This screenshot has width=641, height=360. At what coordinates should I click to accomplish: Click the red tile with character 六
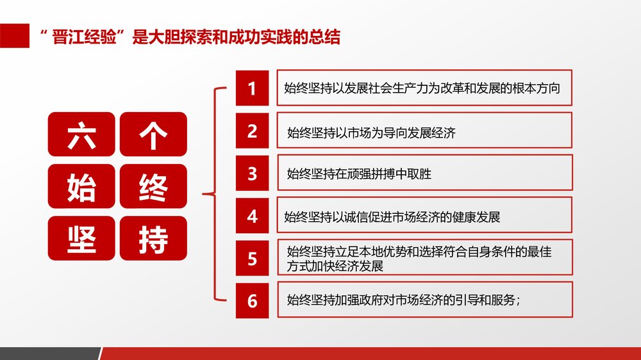(81, 134)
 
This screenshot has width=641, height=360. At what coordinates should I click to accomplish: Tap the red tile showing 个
(153, 134)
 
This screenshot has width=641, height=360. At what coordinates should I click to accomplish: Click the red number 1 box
(252, 88)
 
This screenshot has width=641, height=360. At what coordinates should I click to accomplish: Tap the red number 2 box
(252, 131)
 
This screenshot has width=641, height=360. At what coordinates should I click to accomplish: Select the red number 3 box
(252, 174)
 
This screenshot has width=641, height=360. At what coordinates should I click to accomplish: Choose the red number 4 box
(252, 217)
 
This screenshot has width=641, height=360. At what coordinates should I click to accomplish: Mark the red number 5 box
(252, 259)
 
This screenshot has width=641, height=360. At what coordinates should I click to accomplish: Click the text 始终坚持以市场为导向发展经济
(371, 133)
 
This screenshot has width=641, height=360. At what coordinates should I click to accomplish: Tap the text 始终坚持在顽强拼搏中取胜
(359, 174)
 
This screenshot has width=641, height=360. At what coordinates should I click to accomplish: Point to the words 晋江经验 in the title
(85, 38)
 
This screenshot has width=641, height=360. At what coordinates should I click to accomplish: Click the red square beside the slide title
(15, 36)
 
